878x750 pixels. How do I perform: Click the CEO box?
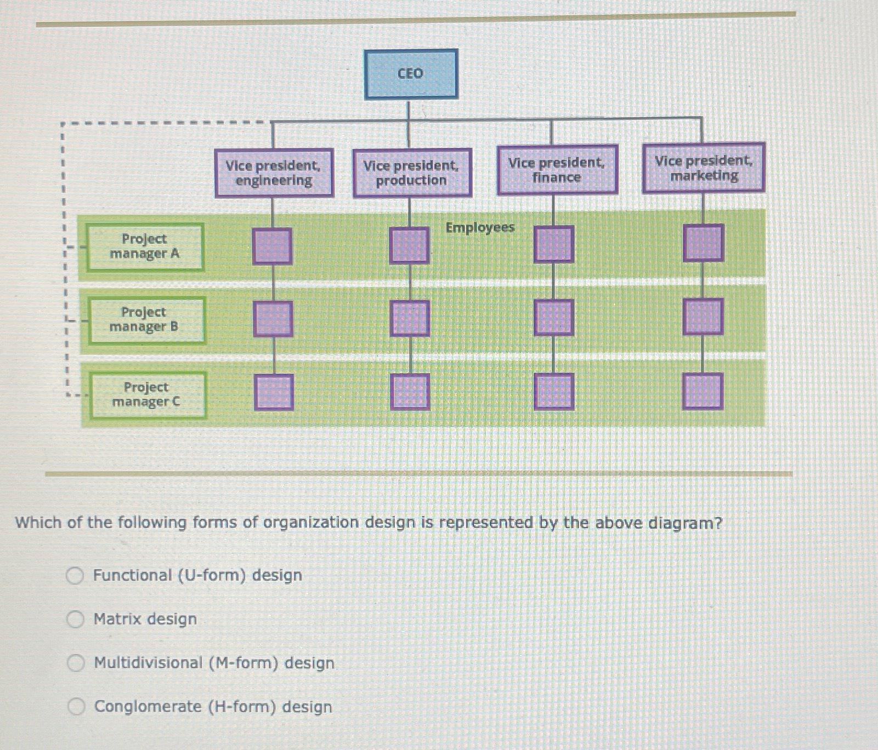[x=411, y=74]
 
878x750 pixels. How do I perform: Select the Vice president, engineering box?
[x=274, y=173]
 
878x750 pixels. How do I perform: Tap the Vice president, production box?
[x=412, y=173]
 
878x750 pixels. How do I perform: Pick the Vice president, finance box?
[x=557, y=170]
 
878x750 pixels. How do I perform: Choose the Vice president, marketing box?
[x=704, y=168]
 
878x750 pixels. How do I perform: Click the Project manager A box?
[x=145, y=247]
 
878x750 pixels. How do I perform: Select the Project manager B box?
[x=146, y=320]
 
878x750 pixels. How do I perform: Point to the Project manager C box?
[x=147, y=394]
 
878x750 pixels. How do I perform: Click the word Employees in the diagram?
[x=480, y=227]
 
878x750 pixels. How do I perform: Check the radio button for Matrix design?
[x=75, y=619]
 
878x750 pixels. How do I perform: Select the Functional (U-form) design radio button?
[x=75, y=575]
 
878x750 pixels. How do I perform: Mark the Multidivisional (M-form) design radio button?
[x=76, y=663]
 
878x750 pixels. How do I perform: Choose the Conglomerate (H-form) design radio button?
[x=76, y=707]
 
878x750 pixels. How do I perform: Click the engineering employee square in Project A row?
[x=272, y=247]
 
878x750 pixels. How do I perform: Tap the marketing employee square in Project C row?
[x=703, y=391]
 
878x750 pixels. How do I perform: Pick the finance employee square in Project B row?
[x=554, y=318]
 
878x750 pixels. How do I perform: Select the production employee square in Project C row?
[x=410, y=392]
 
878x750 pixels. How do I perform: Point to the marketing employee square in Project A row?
[x=704, y=243]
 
